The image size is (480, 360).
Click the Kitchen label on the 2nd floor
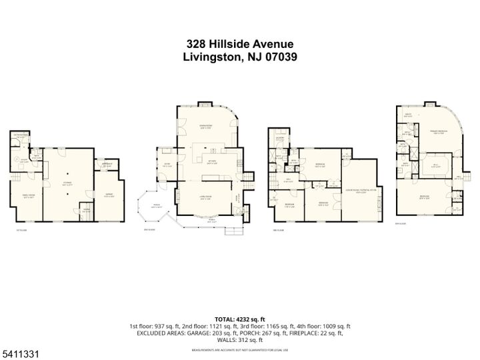[x=211, y=161]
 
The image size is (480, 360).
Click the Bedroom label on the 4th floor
[x=425, y=196]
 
